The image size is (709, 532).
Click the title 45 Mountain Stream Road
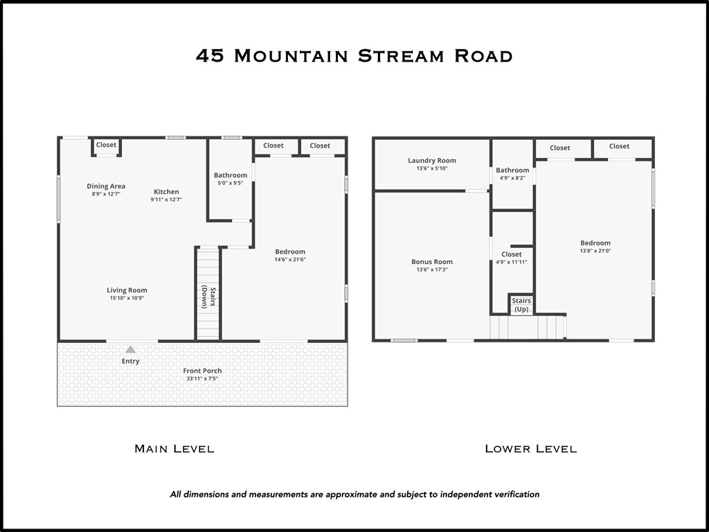(354, 56)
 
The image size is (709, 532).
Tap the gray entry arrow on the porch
(130, 350)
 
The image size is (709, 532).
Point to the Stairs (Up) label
(521, 305)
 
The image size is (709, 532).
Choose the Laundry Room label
(432, 161)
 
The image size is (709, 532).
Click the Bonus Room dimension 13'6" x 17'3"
(432, 269)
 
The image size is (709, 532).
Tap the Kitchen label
(166, 192)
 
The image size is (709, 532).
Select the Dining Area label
(106, 186)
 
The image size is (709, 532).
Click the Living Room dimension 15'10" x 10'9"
(127, 298)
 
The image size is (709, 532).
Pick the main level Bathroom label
(231, 175)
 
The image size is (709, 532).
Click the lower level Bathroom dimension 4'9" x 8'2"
(512, 178)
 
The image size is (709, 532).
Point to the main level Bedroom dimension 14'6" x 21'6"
(290, 260)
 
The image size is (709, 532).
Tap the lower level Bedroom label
(595, 243)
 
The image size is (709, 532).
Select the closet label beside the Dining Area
(107, 145)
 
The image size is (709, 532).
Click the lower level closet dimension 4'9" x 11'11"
(512, 262)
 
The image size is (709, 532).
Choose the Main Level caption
(174, 449)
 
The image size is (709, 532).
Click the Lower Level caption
(530, 449)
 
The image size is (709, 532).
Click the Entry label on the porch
(130, 361)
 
